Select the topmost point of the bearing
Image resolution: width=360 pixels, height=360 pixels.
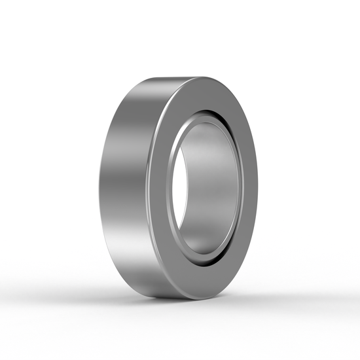click(190, 77)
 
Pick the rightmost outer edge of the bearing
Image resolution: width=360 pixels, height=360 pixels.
click(257, 190)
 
